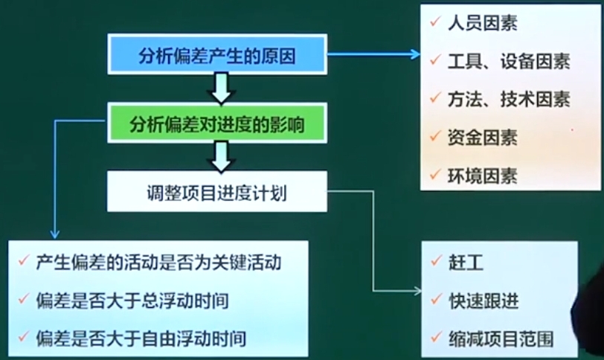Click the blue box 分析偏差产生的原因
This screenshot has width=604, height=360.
pos(217,54)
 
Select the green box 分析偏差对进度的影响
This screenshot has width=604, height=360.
pos(217,123)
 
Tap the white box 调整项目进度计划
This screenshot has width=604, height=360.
pos(217,191)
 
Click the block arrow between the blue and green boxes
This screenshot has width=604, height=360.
pos(221,89)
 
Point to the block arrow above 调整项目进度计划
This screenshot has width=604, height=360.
pos(221,157)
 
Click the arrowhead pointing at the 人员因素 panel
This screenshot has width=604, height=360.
pos(416,54)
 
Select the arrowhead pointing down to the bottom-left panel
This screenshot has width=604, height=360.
pos(55,234)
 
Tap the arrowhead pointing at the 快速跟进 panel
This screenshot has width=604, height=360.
pos(417,291)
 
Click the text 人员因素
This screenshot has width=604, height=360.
pos(482,23)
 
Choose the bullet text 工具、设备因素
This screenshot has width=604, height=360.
pos(509,61)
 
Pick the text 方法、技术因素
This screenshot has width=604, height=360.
pos(509,100)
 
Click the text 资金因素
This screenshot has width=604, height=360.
pos(482,138)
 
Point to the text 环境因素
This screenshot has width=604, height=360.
pos(482,176)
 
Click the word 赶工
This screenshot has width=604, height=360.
pos(466,263)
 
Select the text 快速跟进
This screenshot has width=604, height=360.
pos(483,300)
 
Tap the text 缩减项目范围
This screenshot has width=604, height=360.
pos(501,339)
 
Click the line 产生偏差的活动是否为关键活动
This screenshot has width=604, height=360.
pos(158,263)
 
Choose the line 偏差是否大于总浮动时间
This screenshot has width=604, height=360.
pos(132,300)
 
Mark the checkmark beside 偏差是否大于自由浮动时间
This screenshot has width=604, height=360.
pos(24,336)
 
